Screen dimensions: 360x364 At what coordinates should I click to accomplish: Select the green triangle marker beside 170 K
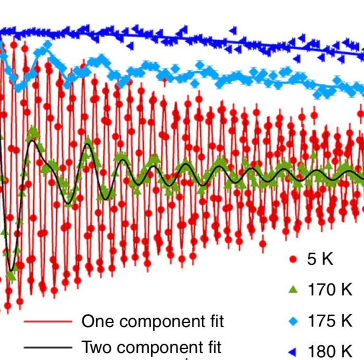point(293,290)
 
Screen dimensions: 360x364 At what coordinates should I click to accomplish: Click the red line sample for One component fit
point(48,322)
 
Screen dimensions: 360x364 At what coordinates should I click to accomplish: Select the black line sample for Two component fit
point(48,346)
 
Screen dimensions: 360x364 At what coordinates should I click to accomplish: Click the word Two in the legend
point(96,346)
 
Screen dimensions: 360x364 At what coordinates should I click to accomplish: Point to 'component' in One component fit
point(160,323)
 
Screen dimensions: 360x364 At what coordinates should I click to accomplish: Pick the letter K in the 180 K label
point(345,351)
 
